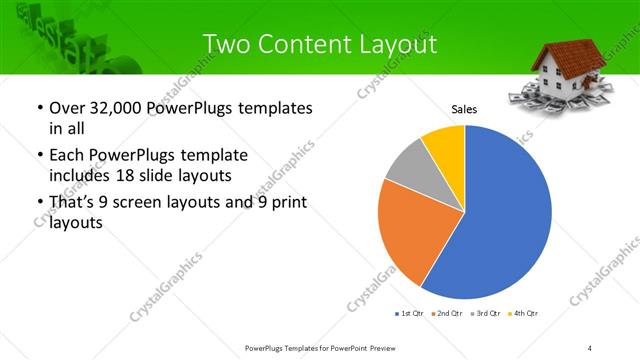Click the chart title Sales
click(x=464, y=108)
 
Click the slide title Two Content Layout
click(x=319, y=45)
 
